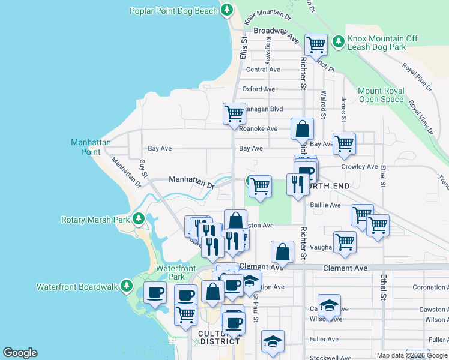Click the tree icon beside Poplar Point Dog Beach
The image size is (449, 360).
point(227,10)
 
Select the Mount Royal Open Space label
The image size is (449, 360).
point(381,95)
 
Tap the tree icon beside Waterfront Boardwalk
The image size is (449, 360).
point(127,286)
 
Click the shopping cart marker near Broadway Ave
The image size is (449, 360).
point(315,44)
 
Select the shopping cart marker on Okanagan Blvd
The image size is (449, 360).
point(234,113)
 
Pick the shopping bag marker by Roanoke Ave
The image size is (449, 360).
point(302,128)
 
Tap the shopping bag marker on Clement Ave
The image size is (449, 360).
point(282,252)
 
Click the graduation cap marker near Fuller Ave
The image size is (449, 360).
point(273,341)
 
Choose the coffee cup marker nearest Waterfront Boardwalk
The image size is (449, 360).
point(155,293)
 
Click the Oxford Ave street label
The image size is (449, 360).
point(258,89)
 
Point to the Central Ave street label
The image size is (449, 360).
point(263,70)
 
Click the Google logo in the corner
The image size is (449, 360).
point(20,353)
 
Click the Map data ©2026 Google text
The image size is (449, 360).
point(411,355)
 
